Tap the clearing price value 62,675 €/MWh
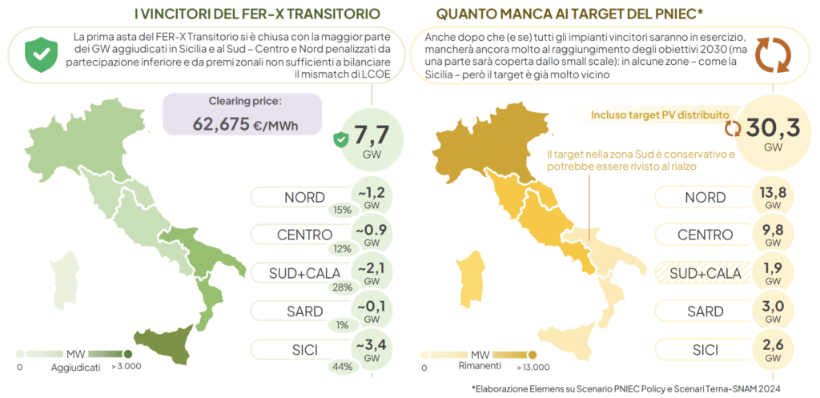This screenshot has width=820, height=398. [x=242, y=123]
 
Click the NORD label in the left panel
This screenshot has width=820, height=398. [x=303, y=197]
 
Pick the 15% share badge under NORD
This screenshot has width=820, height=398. [x=343, y=210]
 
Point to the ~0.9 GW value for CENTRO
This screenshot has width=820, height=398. [x=372, y=235]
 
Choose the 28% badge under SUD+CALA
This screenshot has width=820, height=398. [x=342, y=287]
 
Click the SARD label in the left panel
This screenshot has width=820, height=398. [x=303, y=312]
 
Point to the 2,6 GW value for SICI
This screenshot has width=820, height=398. [x=773, y=349]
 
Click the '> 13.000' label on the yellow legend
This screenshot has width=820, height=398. [x=531, y=368]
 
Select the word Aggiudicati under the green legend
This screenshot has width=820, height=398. [x=76, y=368]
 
